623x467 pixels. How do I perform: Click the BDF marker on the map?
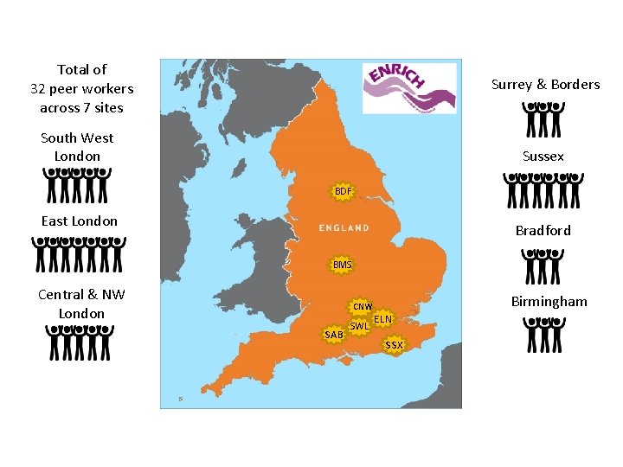344,190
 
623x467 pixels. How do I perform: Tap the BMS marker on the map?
343,264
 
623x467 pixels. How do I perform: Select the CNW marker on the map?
361,307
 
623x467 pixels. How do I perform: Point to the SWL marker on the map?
359,326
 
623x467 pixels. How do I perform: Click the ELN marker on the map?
383,319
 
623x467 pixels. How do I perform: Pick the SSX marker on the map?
394,345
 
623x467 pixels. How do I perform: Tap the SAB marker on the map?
333,335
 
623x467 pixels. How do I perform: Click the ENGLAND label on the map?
344,227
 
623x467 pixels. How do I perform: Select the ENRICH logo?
408,87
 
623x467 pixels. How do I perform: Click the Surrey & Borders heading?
545,85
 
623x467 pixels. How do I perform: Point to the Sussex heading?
543,157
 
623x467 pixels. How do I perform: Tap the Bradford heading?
543,230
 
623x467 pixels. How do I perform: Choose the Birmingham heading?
549,302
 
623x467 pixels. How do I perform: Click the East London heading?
80,221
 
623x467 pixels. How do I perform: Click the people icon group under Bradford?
543,267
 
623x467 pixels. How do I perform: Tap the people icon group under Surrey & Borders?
543,119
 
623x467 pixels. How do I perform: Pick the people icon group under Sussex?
543,190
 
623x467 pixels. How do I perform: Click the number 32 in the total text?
37,88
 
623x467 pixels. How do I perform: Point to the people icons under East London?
80,254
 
